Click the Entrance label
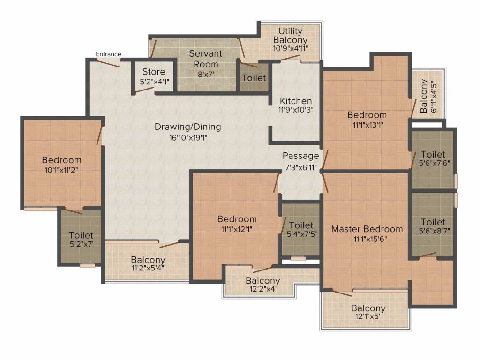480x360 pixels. [x=108, y=54]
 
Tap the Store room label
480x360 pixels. [x=154, y=72]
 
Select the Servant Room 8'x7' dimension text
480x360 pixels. [x=205, y=74]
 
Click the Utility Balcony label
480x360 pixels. [x=290, y=36]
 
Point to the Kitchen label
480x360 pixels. [x=296, y=101]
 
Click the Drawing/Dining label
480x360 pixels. [x=187, y=127]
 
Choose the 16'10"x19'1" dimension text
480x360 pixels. [x=187, y=137]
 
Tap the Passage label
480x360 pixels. [x=300, y=156]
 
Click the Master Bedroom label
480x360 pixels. [x=367, y=229]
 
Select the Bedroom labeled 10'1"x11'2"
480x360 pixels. [x=61, y=160]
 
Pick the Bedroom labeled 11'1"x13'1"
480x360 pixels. [x=367, y=115]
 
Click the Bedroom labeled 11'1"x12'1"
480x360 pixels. [x=237, y=219]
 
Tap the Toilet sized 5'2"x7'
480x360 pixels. [x=81, y=235]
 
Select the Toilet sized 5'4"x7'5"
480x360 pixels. [x=301, y=225]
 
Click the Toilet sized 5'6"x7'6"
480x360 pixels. [x=433, y=155]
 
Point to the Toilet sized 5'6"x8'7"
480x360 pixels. [x=433, y=222]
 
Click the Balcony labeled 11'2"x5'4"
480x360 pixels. [x=148, y=260]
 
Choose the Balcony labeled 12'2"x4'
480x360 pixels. [x=263, y=281]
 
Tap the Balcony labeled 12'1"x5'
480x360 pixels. [x=368, y=308]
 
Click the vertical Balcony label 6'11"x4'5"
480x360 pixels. [x=424, y=96]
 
